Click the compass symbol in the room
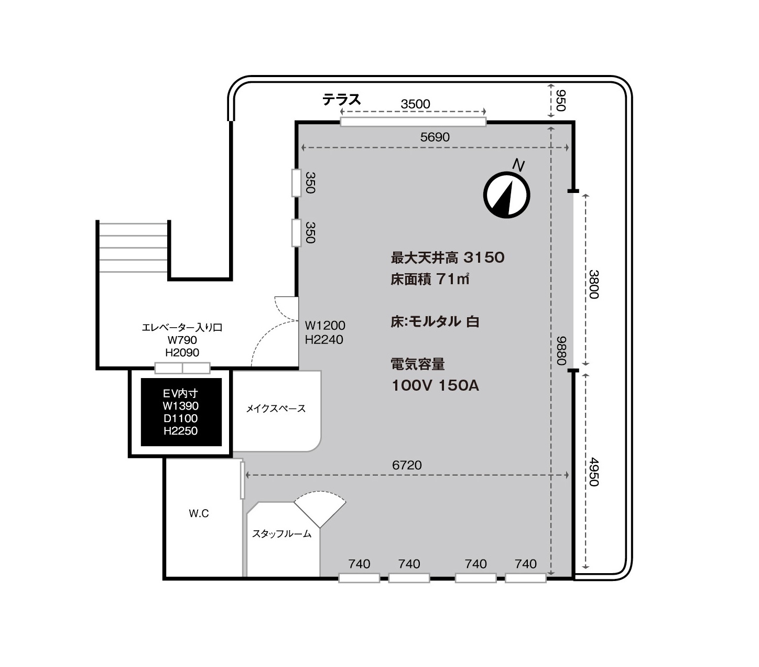[x=506, y=195]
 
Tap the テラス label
[x=341, y=100]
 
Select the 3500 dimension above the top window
[x=415, y=104]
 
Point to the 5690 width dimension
[x=435, y=137]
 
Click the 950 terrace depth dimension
[x=560, y=101]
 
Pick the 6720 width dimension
[x=407, y=465]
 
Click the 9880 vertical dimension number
[x=561, y=350]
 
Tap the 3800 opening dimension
[x=594, y=284]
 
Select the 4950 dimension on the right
[x=594, y=472]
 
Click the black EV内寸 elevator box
[x=181, y=412]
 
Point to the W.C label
[x=199, y=513]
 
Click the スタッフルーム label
[x=281, y=534]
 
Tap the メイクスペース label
[x=276, y=408]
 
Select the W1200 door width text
[x=325, y=325]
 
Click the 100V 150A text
[x=435, y=385]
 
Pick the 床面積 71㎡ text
[x=430, y=279]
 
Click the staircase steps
[x=133, y=248]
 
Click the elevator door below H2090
[x=182, y=368]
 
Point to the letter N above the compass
[x=518, y=165]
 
